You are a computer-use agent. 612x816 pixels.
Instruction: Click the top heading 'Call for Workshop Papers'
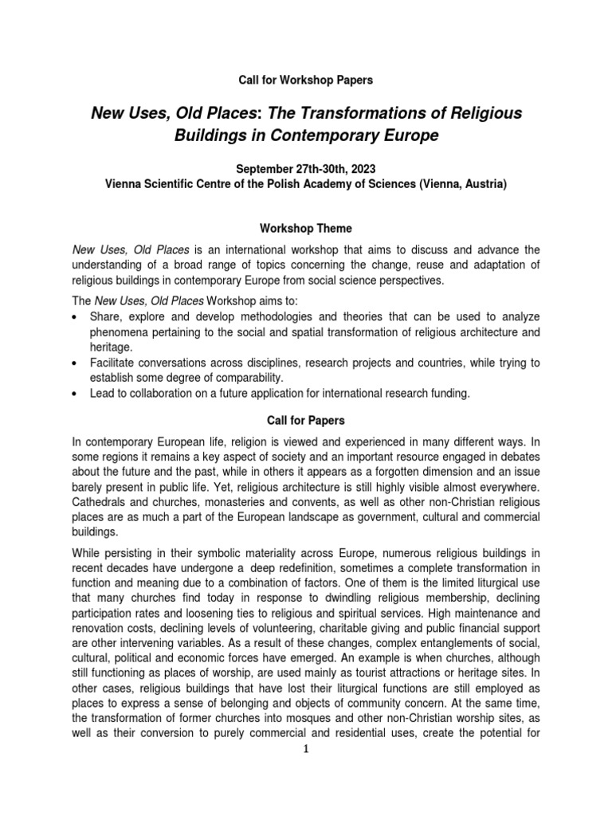(x=306, y=80)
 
